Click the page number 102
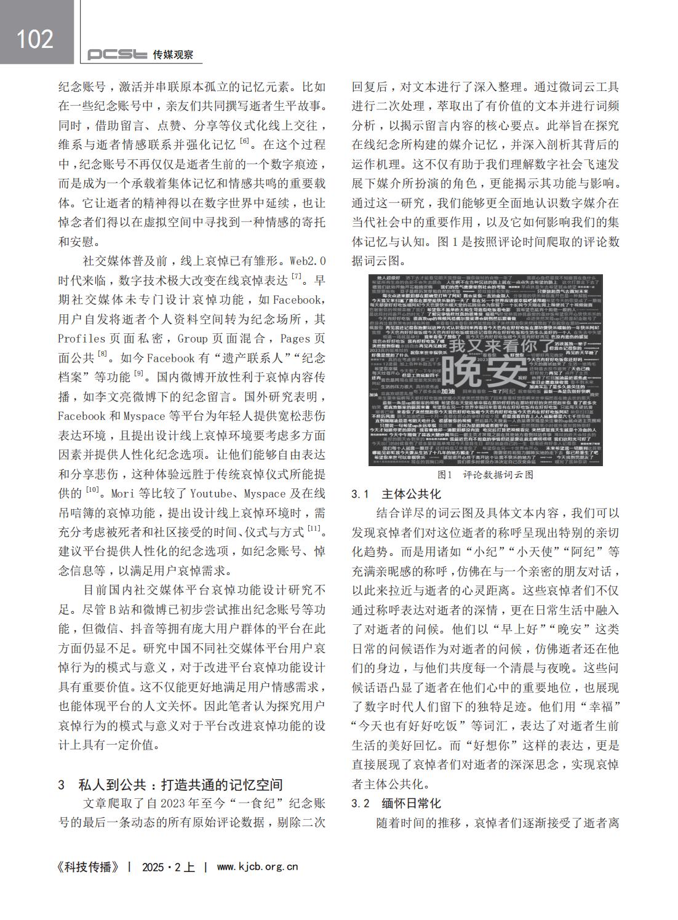click(x=35, y=39)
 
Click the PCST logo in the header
click(x=117, y=55)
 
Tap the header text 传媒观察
click(x=173, y=55)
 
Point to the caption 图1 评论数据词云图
click(x=485, y=475)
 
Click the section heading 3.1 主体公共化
click(x=396, y=494)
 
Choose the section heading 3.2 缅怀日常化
click(x=396, y=803)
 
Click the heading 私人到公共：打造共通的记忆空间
click(x=180, y=785)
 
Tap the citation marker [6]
click(x=245, y=141)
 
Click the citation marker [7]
click(x=297, y=277)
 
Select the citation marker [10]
click(x=92, y=490)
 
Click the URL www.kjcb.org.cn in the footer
click(x=258, y=867)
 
